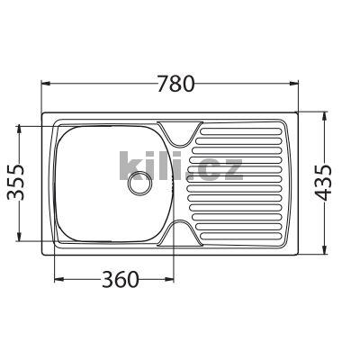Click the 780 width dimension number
[175, 84]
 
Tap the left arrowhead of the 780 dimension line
[44, 84]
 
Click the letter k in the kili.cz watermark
[130, 167]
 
